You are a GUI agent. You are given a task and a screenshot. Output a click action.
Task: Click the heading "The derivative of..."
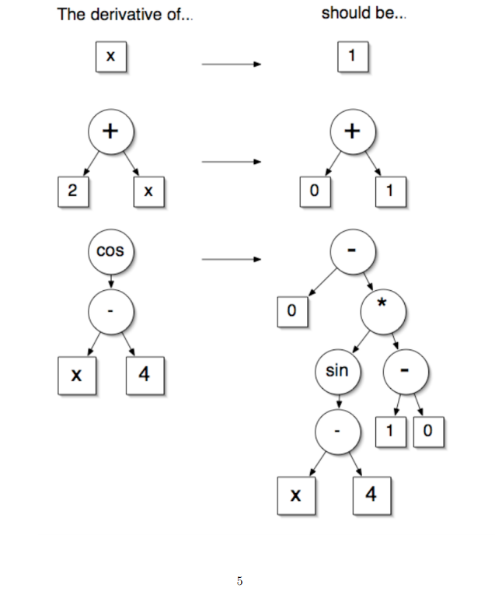pos(124,16)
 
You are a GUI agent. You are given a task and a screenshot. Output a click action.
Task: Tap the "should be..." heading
pos(364,16)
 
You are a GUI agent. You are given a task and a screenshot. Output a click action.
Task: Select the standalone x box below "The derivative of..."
pos(111,58)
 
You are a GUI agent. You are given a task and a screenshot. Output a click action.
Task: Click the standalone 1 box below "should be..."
pos(352,58)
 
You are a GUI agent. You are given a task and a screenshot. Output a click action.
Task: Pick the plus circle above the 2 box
pos(111,131)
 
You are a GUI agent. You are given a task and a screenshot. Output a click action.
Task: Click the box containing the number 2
pos(72,192)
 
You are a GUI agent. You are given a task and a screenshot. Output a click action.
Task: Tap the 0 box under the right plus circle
pos(315,192)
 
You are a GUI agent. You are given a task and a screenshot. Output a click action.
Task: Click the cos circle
pos(111,251)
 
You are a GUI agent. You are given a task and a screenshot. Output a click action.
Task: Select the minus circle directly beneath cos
pos(111,312)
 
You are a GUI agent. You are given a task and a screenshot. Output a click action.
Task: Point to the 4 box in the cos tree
pos(144,374)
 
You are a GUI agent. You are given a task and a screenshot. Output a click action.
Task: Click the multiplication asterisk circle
pos(382,312)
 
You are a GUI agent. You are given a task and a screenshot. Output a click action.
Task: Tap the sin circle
pos(337,371)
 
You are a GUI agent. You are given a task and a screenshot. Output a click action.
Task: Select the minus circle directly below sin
pos(337,430)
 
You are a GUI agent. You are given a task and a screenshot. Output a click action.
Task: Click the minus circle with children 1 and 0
pos(405,371)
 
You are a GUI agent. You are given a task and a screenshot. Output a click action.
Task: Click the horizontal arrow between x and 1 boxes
pos(231,65)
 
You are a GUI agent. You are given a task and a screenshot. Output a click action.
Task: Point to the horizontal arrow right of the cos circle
pos(231,259)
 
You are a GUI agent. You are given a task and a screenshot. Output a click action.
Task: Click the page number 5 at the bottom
pos(239,580)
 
